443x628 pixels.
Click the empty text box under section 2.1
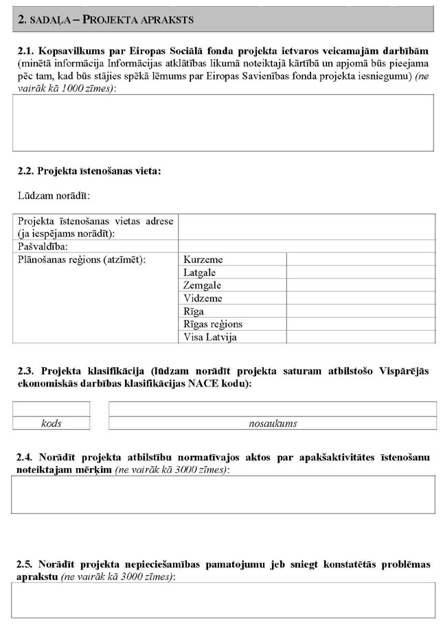(223, 122)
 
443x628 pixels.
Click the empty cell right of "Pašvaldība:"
(306, 246)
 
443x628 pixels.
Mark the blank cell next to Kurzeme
(361, 259)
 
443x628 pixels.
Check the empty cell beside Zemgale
(361, 286)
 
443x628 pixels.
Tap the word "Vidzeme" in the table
(203, 299)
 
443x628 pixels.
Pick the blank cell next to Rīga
(361, 312)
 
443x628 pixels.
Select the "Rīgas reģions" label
(213, 324)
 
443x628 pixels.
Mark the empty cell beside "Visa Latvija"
(361, 337)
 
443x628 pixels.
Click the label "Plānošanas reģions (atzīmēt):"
(82, 259)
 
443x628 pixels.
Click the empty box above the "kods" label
(52, 409)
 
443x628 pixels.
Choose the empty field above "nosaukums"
(273, 409)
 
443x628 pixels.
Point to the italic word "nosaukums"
(273, 423)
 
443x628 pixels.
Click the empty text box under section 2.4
(223, 494)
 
